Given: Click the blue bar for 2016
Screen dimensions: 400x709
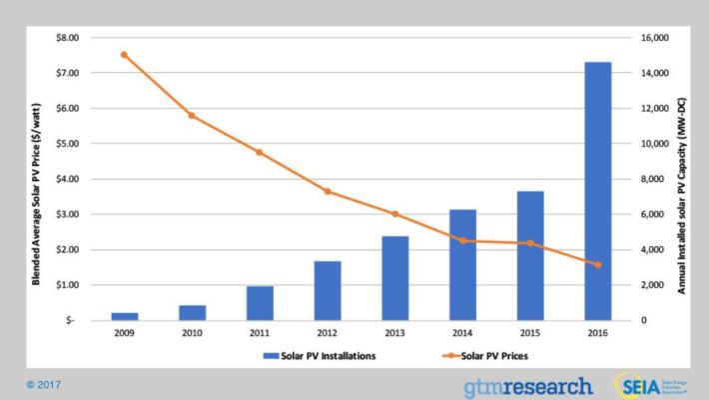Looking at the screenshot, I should coord(597,191).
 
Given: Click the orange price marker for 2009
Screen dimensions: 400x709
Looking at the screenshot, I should coord(124,54).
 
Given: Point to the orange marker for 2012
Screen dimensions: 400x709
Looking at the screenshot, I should coord(327,191).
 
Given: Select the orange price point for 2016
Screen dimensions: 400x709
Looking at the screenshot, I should coord(597,265).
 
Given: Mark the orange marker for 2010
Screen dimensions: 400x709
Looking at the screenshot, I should coord(192,116).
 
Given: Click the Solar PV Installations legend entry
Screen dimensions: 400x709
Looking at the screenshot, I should coord(320,355).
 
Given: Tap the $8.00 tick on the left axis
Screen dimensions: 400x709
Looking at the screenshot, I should coord(63,38).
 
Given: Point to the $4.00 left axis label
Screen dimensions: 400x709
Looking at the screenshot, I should coord(63,179).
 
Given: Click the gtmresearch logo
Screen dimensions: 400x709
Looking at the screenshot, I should coord(526,386).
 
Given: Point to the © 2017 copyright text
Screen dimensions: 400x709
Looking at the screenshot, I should coord(46,382).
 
